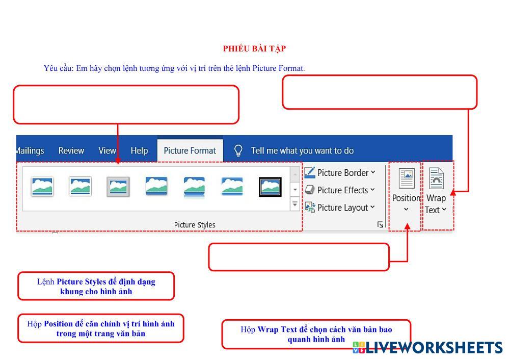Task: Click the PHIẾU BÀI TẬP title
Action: pyautogui.click(x=254, y=48)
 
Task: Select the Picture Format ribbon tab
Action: pyautogui.click(x=190, y=150)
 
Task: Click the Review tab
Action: pyautogui.click(x=71, y=150)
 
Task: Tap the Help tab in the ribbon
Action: pyautogui.click(x=139, y=150)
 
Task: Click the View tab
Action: pyautogui.click(x=107, y=150)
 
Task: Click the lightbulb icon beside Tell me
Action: pyautogui.click(x=238, y=150)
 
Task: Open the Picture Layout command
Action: pyautogui.click(x=340, y=208)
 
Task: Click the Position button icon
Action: pyautogui.click(x=407, y=178)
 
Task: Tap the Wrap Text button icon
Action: pyautogui.click(x=437, y=178)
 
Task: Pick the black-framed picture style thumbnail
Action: pyautogui.click(x=270, y=187)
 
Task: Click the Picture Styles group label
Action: pyautogui.click(x=195, y=225)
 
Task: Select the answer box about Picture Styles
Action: pyautogui.click(x=96, y=286)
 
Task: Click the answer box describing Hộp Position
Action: pyautogui.click(x=101, y=328)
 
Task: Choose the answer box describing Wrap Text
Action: pyautogui.click(x=316, y=334)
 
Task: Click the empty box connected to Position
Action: pyautogui.click(x=299, y=256)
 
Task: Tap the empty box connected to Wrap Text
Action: pyautogui.click(x=380, y=92)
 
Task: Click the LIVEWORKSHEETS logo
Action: pyautogui.click(x=427, y=348)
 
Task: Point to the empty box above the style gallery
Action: pyautogui.click(x=126, y=105)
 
